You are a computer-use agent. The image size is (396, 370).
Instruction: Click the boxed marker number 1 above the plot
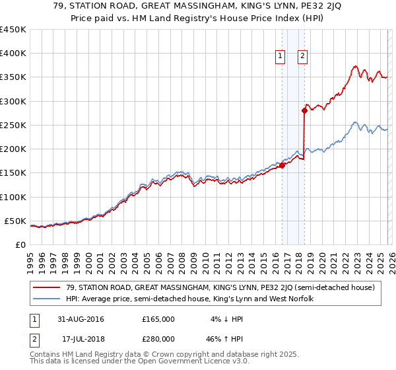[280, 57]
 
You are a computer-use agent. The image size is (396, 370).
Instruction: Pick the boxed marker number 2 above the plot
[302, 57]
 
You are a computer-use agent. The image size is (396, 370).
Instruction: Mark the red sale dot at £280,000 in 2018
[304, 111]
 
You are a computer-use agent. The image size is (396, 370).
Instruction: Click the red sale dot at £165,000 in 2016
[282, 166]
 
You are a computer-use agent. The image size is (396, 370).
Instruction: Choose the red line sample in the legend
[47, 287]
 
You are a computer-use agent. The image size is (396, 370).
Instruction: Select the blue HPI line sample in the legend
[47, 299]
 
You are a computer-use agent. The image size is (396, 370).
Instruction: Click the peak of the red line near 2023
[355, 66]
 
